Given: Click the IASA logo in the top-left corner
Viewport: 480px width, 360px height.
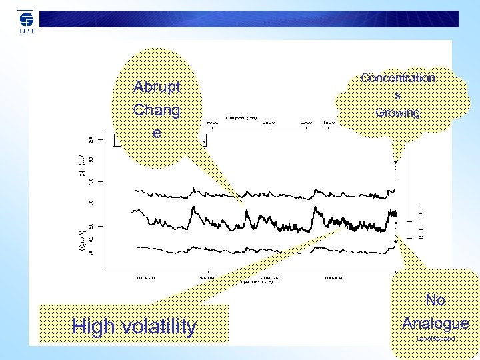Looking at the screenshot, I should (26, 21).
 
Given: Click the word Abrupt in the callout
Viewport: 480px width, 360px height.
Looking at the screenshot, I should (157, 87).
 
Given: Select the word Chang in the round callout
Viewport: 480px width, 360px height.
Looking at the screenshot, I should (157, 110).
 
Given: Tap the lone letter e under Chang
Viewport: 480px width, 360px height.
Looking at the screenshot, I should (157, 133).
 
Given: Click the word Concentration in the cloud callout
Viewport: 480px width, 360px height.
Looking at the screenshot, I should (398, 78).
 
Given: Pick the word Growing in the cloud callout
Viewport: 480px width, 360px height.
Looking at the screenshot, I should (398, 113).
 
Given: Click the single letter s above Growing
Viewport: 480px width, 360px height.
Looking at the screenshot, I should (398, 95).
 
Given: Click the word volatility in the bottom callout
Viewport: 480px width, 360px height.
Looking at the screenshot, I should (159, 327).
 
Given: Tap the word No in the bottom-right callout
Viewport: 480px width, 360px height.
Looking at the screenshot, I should (435, 301).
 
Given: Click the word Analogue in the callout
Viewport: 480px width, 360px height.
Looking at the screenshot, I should (435, 323).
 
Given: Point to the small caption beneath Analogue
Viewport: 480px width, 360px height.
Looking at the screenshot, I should (435, 339).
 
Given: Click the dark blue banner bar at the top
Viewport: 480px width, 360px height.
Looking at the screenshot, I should (253, 18).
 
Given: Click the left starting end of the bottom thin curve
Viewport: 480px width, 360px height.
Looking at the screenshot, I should (136, 247).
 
